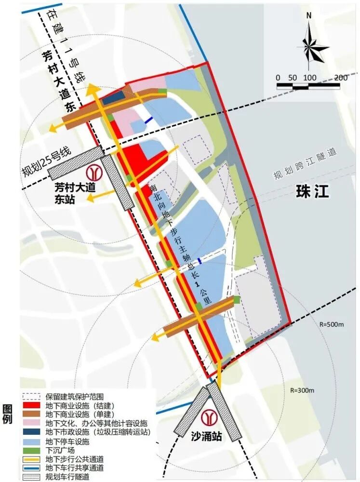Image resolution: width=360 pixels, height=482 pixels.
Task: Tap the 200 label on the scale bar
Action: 340,78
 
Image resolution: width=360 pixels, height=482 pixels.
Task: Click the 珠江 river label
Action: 312,191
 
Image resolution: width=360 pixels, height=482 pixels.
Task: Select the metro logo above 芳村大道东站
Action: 93,172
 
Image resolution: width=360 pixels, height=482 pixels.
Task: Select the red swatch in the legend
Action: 32,405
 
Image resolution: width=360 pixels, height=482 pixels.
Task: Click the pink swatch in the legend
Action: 32,423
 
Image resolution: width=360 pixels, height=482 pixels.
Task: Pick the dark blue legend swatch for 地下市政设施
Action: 32,431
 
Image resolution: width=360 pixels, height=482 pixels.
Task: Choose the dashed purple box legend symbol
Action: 32,397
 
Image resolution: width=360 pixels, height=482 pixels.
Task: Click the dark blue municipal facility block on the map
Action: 112,97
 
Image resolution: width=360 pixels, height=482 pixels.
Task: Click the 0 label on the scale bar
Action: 278,78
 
